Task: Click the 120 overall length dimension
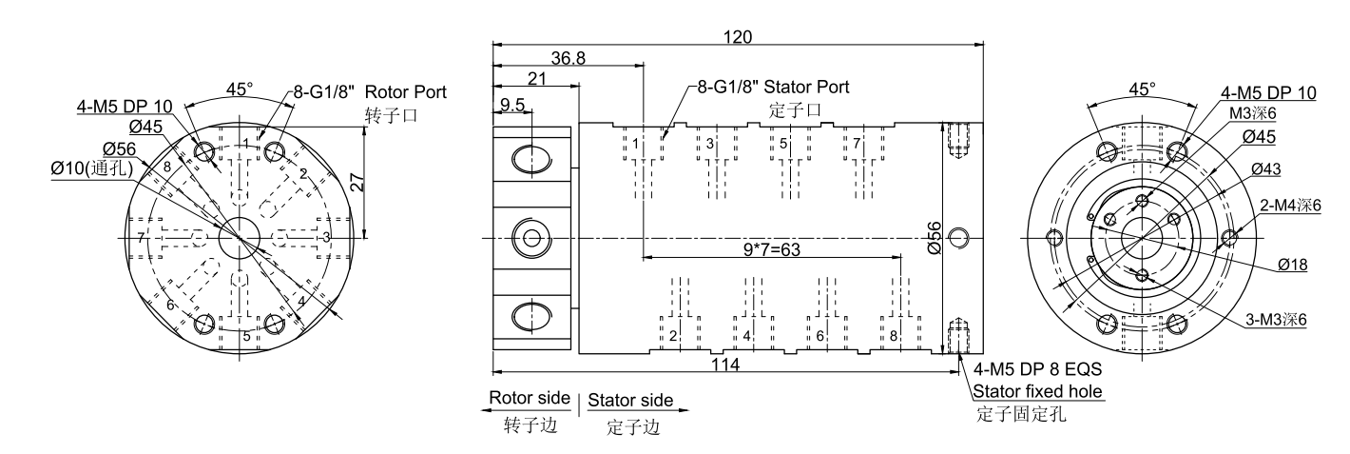(737, 37)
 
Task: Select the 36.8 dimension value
(568, 59)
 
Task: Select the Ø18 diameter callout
(1292, 266)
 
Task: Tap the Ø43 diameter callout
(1266, 168)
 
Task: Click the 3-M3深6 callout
(1276, 320)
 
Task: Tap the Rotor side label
(530, 398)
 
